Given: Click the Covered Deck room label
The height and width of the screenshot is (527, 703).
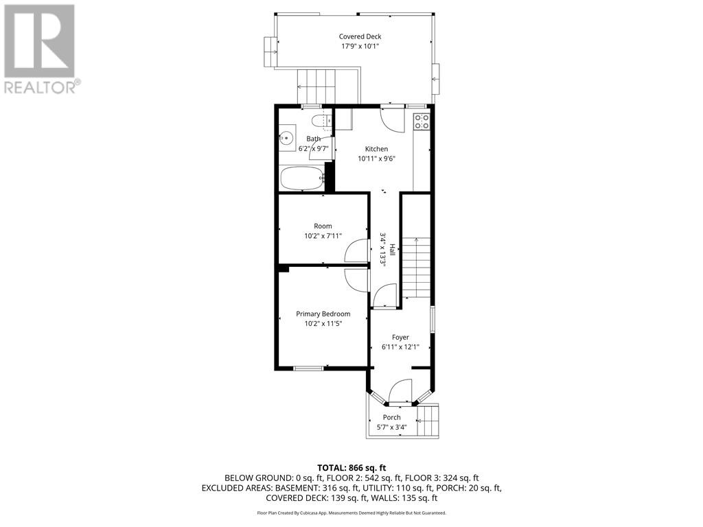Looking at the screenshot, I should click(x=360, y=37).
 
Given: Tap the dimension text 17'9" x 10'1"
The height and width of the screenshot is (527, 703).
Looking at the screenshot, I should click(x=360, y=47).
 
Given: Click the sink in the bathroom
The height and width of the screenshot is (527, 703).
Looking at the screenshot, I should click(x=286, y=138).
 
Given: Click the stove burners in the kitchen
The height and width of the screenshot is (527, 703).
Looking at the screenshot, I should click(x=422, y=121).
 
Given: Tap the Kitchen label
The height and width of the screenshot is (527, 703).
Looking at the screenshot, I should click(x=376, y=149).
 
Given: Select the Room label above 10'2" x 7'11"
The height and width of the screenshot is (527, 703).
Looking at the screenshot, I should click(x=323, y=226).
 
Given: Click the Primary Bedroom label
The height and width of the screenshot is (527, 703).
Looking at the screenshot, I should click(x=323, y=314).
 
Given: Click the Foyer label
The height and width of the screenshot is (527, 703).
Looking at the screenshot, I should click(x=400, y=338).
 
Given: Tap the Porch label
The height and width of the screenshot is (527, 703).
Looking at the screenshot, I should click(x=391, y=417).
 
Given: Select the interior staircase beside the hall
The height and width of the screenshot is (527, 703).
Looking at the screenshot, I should click(x=415, y=268).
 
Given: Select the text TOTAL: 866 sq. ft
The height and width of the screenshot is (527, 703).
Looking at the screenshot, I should click(x=351, y=467).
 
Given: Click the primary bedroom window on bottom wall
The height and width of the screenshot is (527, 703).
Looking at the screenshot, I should click(x=308, y=368).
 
